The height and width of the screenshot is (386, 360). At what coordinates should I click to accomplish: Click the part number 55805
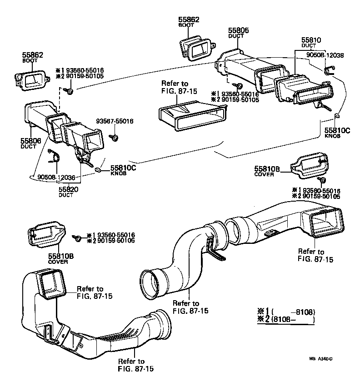pos(239,30)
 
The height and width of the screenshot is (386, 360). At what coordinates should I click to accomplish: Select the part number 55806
pos(30,141)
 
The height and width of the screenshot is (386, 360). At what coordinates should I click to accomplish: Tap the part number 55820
pos(69,189)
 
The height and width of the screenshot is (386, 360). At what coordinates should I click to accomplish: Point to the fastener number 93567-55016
pos(115,122)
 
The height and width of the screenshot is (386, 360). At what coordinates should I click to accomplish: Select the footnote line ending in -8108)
pos(286,312)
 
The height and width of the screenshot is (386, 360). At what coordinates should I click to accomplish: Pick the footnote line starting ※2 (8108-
pos(286,320)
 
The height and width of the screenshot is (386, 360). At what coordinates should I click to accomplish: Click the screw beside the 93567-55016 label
pos(115,137)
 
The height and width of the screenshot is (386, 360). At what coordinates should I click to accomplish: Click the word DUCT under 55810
pos(308,46)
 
